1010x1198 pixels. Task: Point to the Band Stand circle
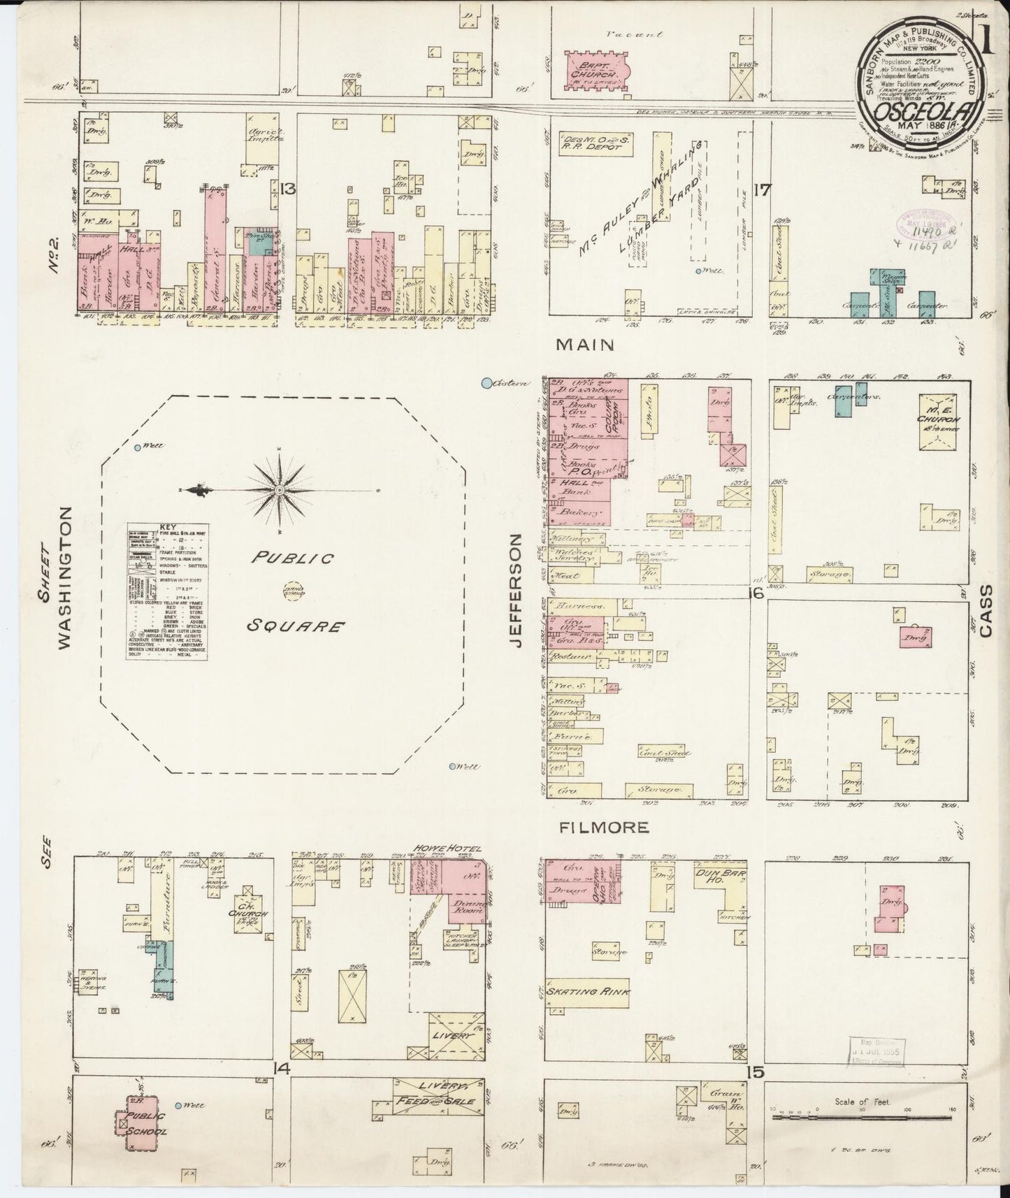coord(288,591)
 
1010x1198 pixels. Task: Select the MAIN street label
coord(586,345)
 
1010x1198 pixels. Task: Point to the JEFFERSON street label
coord(517,591)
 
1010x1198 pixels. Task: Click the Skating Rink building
coord(589,991)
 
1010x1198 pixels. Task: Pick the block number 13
coord(287,188)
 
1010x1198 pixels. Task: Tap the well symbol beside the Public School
coord(179,1105)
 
